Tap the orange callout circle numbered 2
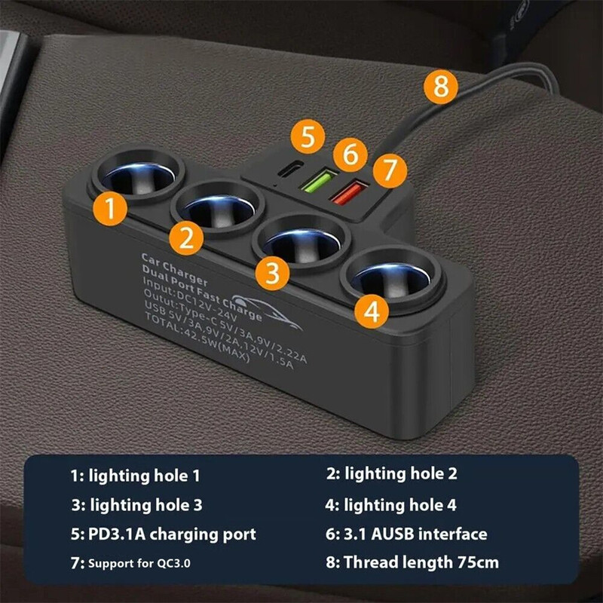tap(186, 237)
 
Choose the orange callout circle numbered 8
tap(440, 87)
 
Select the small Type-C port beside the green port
tap(284, 171)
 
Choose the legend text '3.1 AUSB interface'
tap(406, 534)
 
